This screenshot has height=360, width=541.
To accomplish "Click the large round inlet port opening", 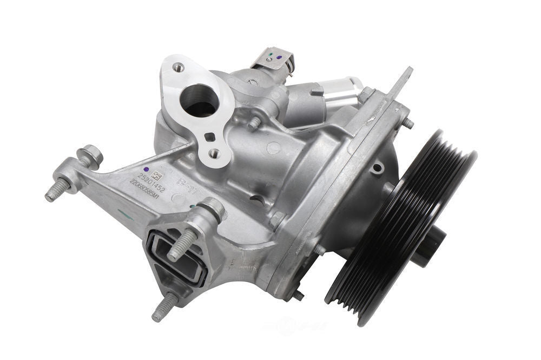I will tap(199, 100).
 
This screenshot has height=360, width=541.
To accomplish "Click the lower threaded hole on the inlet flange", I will tap(215, 154).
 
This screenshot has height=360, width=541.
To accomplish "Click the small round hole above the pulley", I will tap(377, 168).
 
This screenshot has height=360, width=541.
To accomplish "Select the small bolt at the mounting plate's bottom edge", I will tap(298, 296).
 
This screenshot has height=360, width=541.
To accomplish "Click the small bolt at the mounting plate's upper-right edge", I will tap(408, 123).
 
